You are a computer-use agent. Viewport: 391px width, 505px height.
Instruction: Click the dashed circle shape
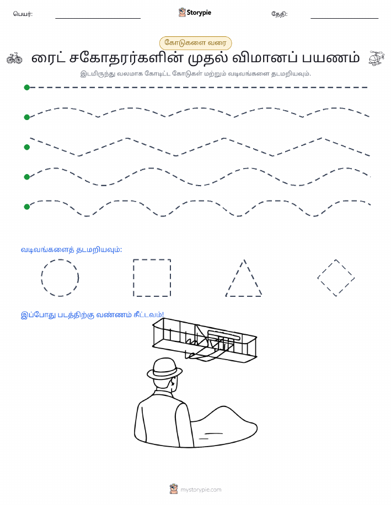(x=41, y=278)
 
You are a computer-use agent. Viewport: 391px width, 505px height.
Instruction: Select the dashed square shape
(x=133, y=278)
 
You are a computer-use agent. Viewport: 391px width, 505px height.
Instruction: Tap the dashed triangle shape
(x=235, y=278)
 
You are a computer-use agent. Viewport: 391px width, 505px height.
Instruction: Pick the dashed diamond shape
(x=326, y=269)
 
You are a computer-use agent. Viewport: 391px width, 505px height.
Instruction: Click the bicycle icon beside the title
(x=14, y=58)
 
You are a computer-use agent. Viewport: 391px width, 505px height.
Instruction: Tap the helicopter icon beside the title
(x=377, y=58)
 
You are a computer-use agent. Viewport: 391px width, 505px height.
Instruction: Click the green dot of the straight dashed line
(x=27, y=87)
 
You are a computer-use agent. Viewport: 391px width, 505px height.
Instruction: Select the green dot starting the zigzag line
(x=27, y=147)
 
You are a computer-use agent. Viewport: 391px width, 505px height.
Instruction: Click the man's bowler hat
(x=164, y=368)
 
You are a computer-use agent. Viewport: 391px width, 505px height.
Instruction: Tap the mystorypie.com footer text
(x=201, y=490)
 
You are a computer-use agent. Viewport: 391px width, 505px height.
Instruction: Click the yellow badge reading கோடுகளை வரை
(x=195, y=43)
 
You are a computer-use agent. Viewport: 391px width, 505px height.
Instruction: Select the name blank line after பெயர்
(x=98, y=18)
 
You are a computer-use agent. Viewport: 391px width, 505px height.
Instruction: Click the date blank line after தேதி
(x=344, y=18)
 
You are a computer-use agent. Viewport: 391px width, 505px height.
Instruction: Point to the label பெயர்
(x=23, y=14)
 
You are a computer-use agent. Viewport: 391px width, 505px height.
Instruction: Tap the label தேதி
(x=280, y=14)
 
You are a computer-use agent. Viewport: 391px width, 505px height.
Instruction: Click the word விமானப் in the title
(x=265, y=58)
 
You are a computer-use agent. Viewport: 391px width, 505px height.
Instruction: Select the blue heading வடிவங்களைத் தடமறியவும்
(x=71, y=249)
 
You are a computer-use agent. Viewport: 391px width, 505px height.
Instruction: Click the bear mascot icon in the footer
(x=174, y=489)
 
